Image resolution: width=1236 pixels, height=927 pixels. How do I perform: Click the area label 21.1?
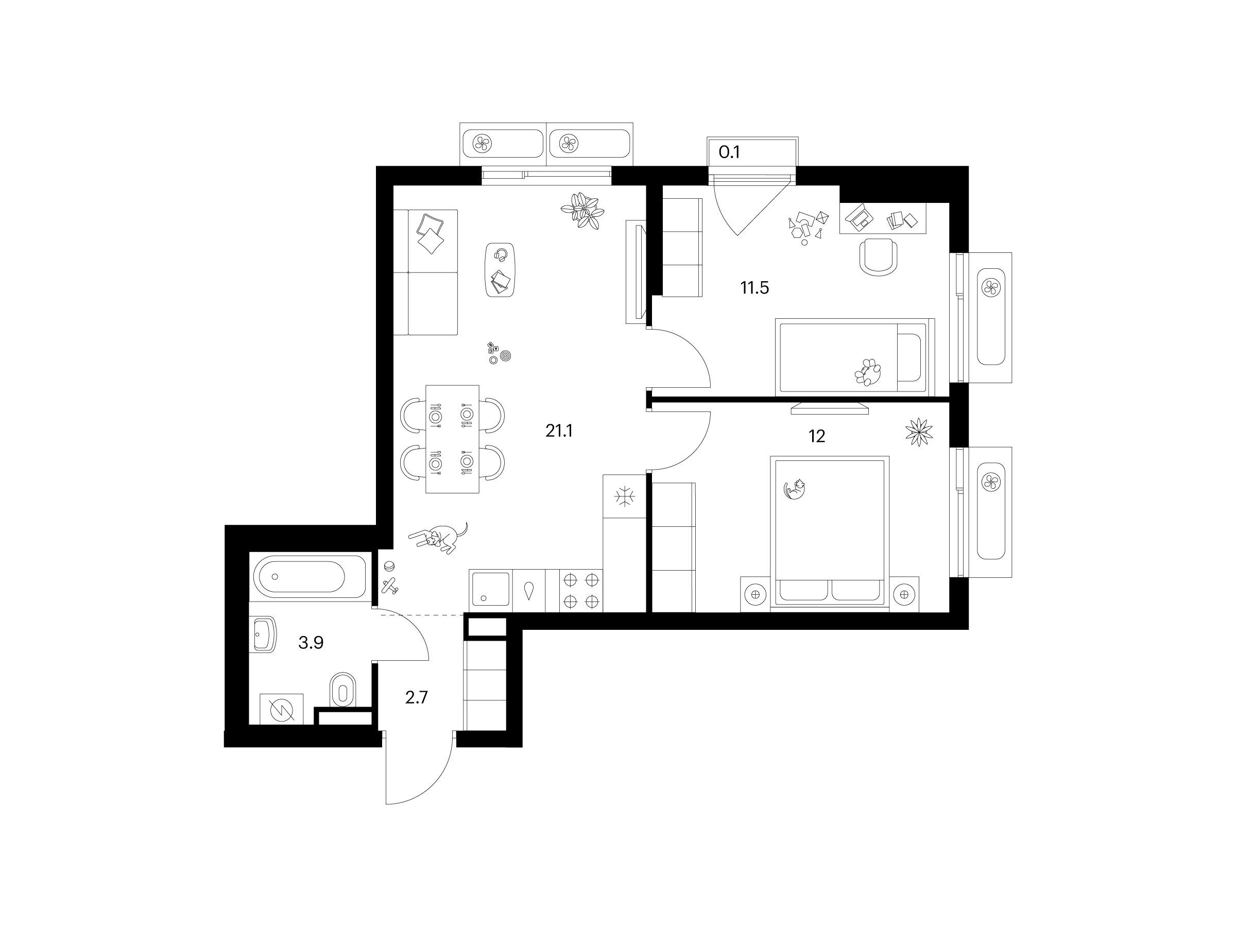click(x=559, y=431)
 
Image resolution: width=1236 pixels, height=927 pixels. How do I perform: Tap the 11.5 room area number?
click(x=755, y=288)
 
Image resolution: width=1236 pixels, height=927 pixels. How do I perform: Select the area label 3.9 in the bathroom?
click(x=311, y=643)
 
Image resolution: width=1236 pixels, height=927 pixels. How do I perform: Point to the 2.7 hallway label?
click(x=416, y=698)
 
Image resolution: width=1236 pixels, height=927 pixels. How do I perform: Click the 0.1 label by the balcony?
click(x=729, y=152)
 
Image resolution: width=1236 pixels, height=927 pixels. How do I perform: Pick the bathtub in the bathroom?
click(x=310, y=577)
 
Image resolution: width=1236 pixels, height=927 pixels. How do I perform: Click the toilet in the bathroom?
click(x=344, y=690)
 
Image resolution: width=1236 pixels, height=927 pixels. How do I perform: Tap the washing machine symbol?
click(x=282, y=709)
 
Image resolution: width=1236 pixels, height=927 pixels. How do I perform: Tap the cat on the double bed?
click(x=795, y=489)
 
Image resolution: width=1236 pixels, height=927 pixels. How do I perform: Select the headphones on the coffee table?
click(x=501, y=255)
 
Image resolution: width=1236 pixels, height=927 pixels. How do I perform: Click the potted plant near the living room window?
click(x=583, y=211)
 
